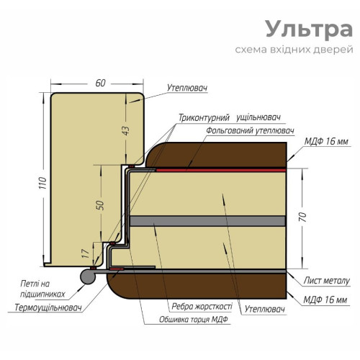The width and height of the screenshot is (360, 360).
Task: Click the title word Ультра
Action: (x=309, y=30)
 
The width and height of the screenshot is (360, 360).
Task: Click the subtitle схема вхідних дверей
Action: (x=294, y=50)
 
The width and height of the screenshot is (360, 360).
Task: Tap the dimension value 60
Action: (x=100, y=83)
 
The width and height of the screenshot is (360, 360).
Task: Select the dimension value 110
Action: (x=42, y=183)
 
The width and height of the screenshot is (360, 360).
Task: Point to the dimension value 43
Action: (x=126, y=130)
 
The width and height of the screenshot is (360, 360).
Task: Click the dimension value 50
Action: (x=100, y=205)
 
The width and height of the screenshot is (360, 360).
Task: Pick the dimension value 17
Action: (x=86, y=253)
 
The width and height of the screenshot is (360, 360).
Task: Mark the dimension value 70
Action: (x=303, y=217)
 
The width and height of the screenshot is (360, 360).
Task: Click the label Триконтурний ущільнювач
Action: (x=230, y=118)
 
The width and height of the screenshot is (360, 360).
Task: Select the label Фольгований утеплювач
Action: (x=250, y=131)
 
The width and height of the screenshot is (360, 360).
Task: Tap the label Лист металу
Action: (x=327, y=281)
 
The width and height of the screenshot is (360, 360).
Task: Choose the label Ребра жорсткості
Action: (x=202, y=307)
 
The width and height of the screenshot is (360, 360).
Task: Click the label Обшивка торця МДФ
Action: (x=194, y=320)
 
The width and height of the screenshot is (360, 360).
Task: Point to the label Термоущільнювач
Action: (x=48, y=307)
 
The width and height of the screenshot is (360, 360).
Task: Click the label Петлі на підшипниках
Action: (x=42, y=289)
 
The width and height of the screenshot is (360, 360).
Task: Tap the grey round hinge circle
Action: (x=88, y=276)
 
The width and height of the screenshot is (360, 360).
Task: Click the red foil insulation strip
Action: (x=221, y=170)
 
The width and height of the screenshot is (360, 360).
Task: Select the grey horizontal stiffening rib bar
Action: (x=207, y=221)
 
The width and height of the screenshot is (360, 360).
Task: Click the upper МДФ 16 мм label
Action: (x=326, y=141)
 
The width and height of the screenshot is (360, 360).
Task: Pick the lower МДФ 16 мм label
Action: (x=325, y=300)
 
